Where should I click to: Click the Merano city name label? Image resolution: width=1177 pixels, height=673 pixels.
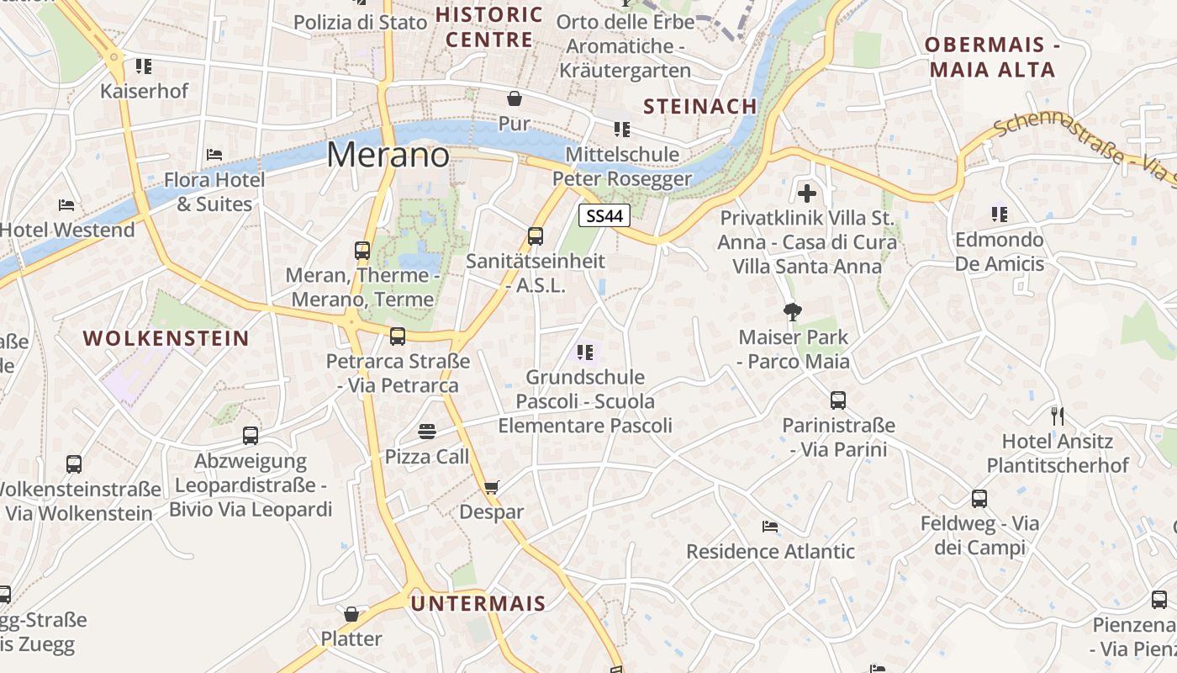[388, 156]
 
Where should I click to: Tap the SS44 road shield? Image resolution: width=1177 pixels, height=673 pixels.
[605, 216]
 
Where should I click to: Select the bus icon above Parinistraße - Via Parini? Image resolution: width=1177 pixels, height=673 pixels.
[838, 400]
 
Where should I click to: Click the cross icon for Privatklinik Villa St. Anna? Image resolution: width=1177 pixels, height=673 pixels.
[807, 193]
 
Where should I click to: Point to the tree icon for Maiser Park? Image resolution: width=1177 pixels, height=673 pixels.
[792, 313]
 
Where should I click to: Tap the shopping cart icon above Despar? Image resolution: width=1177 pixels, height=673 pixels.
[492, 487]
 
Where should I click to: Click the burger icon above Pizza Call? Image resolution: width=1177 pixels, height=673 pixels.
[427, 432]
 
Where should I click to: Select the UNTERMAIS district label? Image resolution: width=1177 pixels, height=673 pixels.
[478, 603]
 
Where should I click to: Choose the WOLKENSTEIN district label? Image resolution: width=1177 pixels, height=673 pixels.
[166, 339]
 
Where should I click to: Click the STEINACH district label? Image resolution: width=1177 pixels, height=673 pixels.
[700, 106]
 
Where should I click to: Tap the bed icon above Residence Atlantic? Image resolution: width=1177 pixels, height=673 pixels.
[770, 527]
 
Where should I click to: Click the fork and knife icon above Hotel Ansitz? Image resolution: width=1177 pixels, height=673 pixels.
[1058, 416]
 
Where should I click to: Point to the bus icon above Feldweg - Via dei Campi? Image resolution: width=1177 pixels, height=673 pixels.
[979, 499]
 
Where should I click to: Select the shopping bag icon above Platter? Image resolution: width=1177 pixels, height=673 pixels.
[351, 614]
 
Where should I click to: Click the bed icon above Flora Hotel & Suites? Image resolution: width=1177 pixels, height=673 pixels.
[214, 155]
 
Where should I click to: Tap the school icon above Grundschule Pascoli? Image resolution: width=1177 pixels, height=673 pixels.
[585, 352]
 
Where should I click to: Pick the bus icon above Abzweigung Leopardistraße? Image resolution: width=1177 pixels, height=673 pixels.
[251, 436]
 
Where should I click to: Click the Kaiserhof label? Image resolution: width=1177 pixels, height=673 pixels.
[145, 91]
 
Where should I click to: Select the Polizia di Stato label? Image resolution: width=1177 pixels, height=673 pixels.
[361, 23]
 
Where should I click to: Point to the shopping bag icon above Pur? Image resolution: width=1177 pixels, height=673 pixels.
[514, 98]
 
